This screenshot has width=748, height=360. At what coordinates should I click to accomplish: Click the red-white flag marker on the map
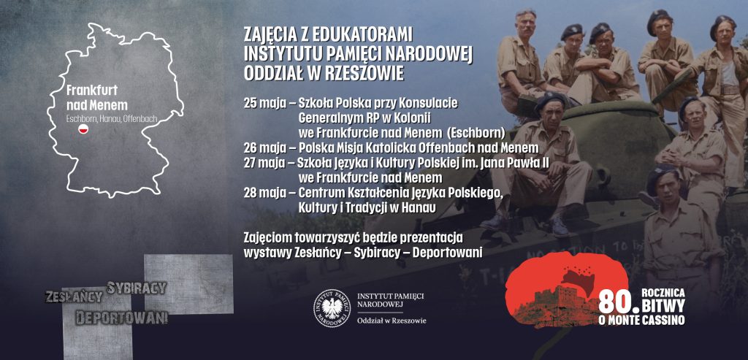[x=83, y=129]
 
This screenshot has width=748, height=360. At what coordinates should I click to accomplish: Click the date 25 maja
[x=265, y=103]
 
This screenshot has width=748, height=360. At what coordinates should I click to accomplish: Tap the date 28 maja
[x=265, y=193]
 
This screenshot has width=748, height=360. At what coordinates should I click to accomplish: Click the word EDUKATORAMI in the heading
[x=362, y=34]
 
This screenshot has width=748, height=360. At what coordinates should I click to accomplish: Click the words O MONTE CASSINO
[x=642, y=320]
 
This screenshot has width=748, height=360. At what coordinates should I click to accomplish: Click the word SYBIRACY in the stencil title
[x=137, y=287]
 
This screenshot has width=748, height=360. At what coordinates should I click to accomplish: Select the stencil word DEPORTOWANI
[x=121, y=318]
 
